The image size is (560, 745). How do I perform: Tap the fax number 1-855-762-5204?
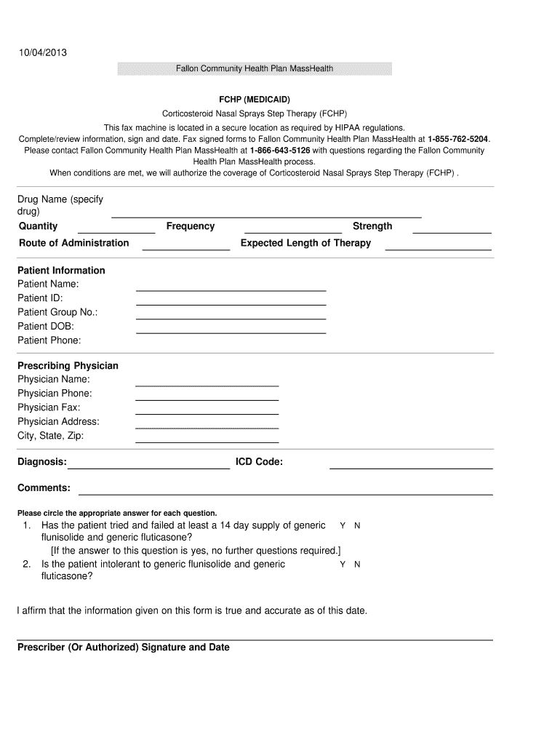tap(458, 138)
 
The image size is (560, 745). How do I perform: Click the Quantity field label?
tap(39, 226)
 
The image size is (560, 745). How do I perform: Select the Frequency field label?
tap(191, 226)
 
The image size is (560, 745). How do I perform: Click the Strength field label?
tap(372, 226)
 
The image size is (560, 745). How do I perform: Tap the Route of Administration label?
tap(73, 243)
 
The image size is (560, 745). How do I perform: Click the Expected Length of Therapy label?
tap(305, 243)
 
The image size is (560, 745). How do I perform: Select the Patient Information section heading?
tap(61, 271)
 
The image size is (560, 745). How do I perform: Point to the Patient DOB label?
tap(46, 327)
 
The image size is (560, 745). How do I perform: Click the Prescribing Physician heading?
tap(68, 366)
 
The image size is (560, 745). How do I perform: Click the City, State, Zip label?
tap(51, 436)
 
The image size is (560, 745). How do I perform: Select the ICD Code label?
tap(259, 462)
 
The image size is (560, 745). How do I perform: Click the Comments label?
tap(44, 488)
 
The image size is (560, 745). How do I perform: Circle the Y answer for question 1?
tap(343, 525)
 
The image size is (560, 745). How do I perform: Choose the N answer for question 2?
tap(357, 565)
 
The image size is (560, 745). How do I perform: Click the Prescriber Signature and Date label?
tap(124, 648)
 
